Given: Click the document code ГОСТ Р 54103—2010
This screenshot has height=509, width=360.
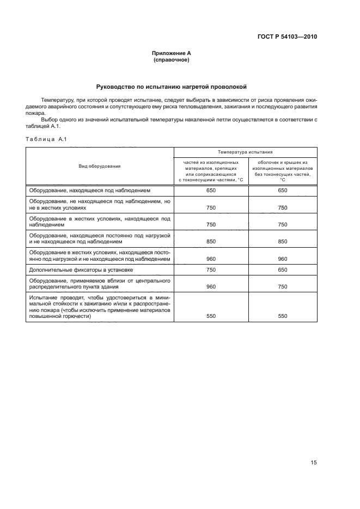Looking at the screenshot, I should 286,37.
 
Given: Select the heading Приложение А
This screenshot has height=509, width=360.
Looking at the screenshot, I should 171,53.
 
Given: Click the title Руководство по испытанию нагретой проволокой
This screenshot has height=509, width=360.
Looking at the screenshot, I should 171,87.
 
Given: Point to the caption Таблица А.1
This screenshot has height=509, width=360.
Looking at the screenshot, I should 46,139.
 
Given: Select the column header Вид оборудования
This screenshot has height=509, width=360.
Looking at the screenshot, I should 100,166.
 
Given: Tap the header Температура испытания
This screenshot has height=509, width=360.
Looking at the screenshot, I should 245,152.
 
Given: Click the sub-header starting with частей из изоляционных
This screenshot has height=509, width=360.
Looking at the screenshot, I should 211,171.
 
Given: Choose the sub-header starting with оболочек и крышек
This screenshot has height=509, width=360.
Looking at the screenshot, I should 282,171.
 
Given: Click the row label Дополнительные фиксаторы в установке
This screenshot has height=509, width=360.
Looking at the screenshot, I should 81,269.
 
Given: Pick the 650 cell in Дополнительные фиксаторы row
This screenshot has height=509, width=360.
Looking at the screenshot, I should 282,269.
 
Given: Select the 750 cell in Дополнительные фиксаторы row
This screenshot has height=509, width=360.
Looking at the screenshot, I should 211,269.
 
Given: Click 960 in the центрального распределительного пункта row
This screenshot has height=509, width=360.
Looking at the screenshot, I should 211,285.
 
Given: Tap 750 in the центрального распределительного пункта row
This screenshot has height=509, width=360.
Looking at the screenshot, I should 282,285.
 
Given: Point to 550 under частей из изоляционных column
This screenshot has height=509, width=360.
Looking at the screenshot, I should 211,316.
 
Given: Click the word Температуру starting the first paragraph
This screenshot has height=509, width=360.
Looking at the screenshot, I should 57,100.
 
